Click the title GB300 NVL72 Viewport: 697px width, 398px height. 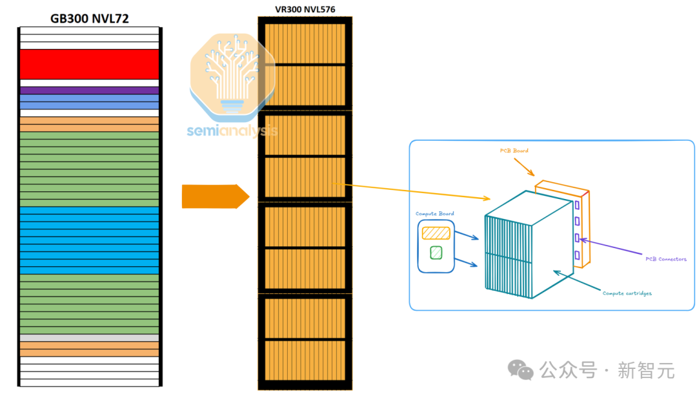(89, 19)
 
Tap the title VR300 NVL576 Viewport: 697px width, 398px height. (305, 9)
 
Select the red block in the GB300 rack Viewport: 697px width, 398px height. (89, 64)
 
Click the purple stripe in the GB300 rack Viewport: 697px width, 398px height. (89, 90)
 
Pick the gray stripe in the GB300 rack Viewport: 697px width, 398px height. (89, 338)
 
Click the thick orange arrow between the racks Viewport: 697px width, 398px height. (216, 196)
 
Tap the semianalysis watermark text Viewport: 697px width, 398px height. (232, 131)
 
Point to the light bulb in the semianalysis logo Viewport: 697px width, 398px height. (232, 74)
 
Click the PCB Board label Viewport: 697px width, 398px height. (514, 151)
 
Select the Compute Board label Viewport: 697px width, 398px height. (435, 214)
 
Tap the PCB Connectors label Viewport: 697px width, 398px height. (666, 259)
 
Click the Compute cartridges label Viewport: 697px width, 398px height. (627, 293)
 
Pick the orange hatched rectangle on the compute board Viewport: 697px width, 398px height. (436, 233)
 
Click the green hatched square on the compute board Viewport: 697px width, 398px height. (436, 253)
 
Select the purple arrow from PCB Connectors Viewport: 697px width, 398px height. (611, 247)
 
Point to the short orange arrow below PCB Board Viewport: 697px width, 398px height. (524, 167)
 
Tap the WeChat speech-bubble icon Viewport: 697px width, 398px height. (521, 370)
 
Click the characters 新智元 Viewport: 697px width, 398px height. (646, 370)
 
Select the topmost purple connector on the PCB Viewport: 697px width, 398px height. (577, 205)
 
